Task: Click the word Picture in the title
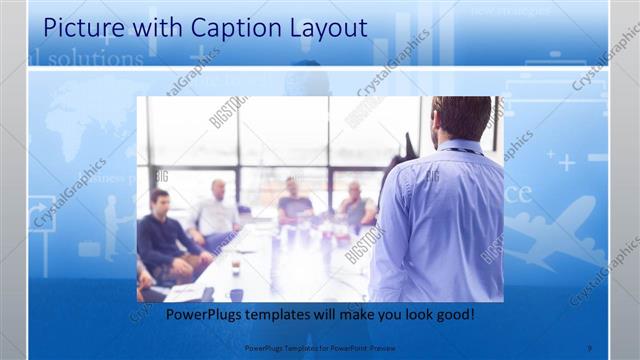click(x=79, y=27)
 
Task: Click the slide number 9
click(x=590, y=349)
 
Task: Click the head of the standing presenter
click(x=462, y=118)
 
